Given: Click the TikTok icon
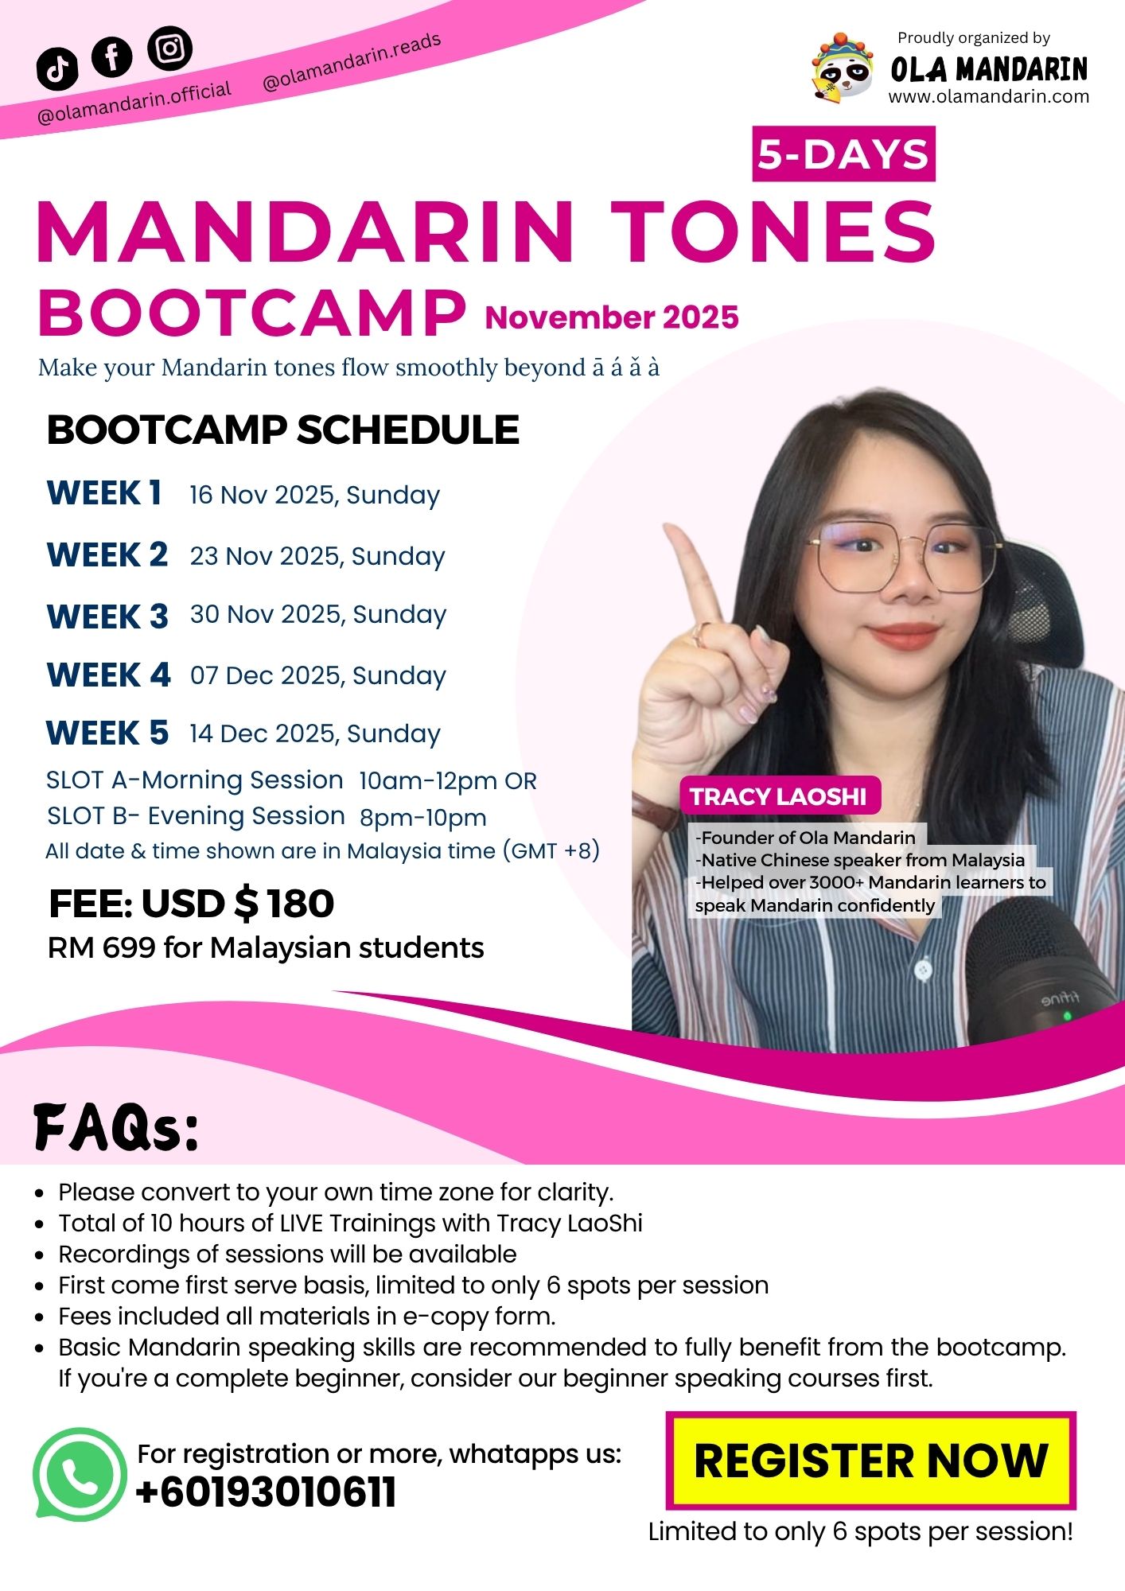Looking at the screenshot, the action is click(x=57, y=68).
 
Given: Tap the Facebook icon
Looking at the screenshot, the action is click(x=112, y=56).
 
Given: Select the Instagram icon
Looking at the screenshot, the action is click(x=170, y=49).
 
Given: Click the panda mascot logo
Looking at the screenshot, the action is click(x=842, y=70).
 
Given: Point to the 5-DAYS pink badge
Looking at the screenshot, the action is click(x=843, y=154).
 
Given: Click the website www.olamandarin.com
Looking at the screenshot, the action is click(x=989, y=97).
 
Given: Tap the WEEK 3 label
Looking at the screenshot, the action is click(x=107, y=617).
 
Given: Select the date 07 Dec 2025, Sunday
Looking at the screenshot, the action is click(x=318, y=676).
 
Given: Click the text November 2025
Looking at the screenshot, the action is click(x=612, y=317).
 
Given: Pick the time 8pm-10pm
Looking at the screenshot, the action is click(x=422, y=817).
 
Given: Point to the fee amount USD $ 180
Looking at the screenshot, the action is click(x=238, y=904).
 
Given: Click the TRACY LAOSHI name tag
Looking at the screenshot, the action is click(x=780, y=796).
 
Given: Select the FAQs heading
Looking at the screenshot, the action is click(x=116, y=1127).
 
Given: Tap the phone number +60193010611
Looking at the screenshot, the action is click(x=266, y=1492).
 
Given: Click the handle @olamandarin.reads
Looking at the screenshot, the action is click(x=352, y=63).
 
